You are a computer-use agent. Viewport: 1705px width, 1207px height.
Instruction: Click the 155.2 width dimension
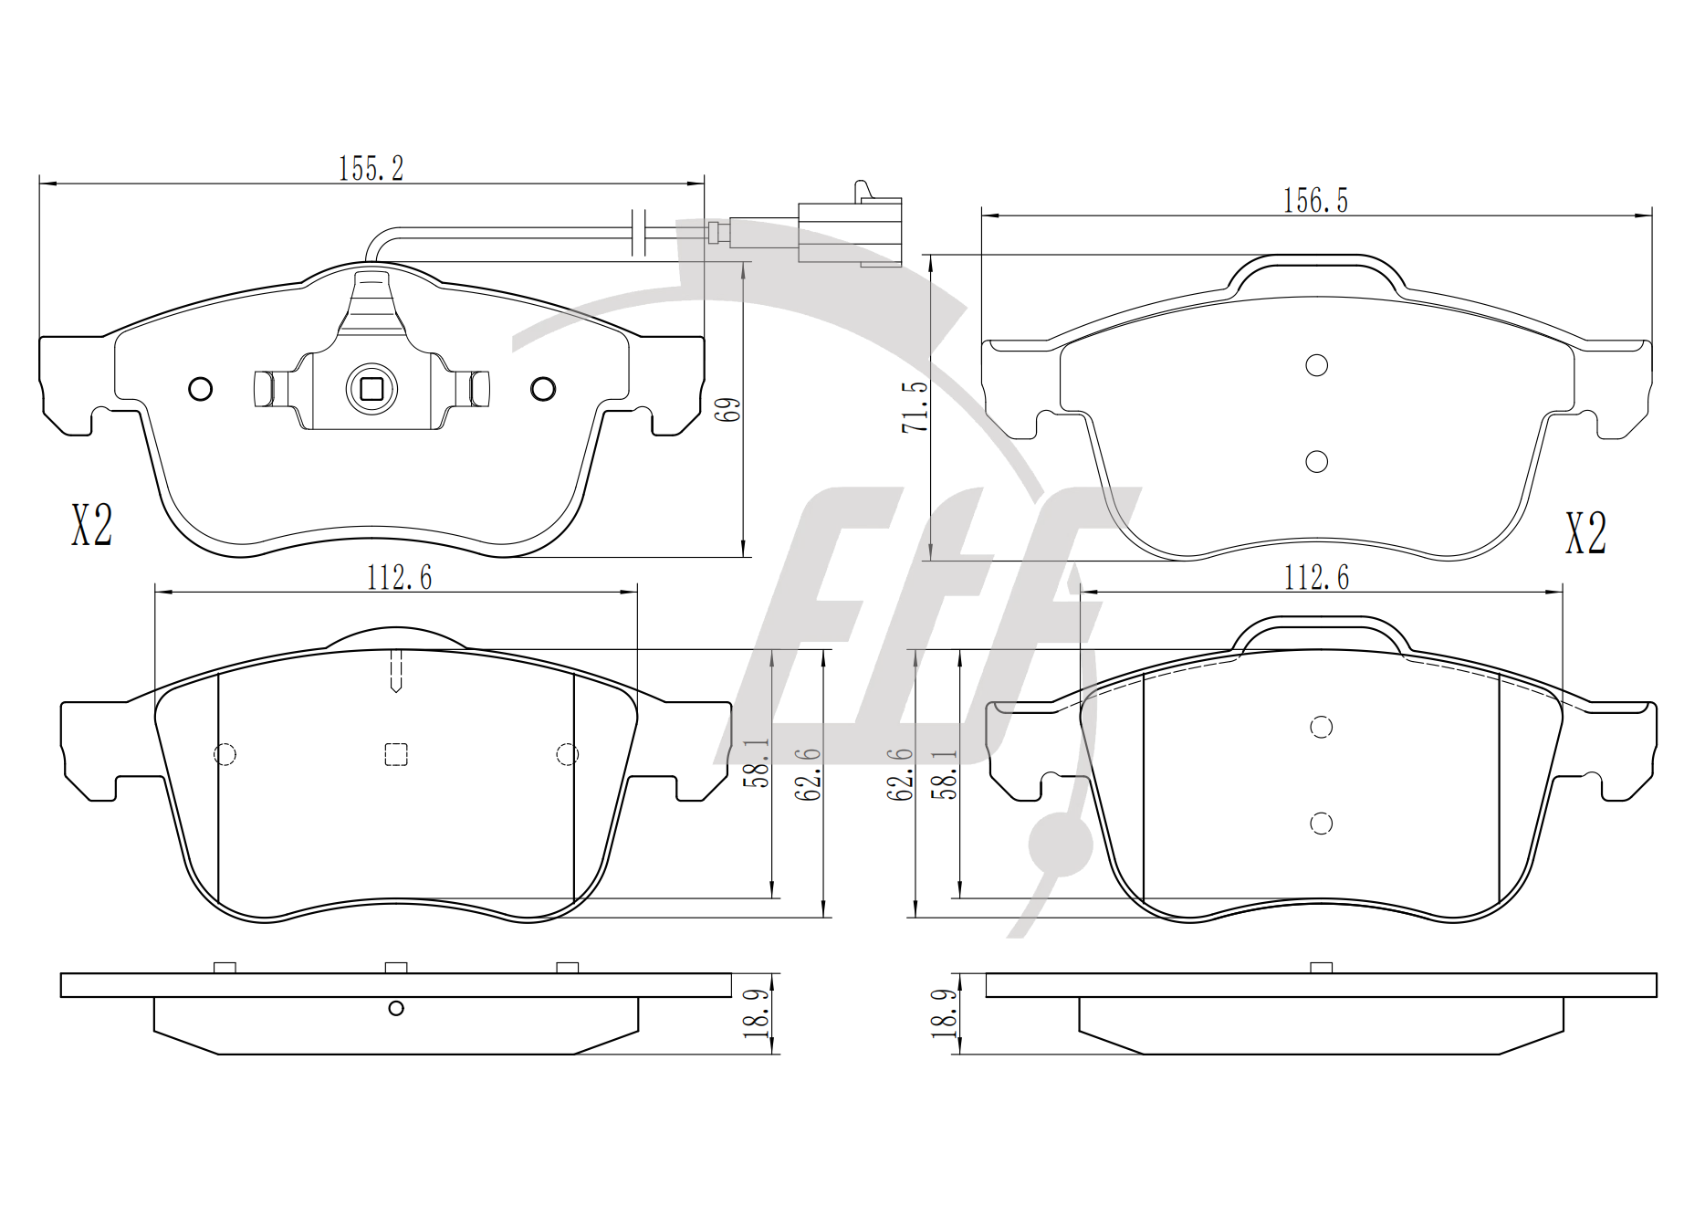(x=371, y=168)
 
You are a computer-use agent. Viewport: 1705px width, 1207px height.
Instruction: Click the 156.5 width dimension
(x=1315, y=200)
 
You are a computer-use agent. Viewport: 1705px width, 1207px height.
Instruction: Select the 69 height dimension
(x=728, y=408)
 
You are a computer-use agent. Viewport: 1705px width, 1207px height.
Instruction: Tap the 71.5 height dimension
(x=915, y=406)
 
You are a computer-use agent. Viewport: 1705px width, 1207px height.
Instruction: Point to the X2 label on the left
(x=91, y=525)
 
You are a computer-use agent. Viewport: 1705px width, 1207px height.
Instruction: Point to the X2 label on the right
(x=1585, y=533)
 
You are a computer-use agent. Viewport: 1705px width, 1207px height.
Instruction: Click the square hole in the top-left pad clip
(x=371, y=389)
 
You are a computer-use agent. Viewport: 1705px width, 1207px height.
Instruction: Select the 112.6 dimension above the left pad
(x=399, y=577)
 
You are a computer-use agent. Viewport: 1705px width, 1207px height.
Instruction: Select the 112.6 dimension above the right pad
(x=1316, y=577)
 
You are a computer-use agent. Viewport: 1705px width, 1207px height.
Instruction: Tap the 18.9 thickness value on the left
(x=756, y=1014)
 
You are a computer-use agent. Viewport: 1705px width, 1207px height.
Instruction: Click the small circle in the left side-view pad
(x=395, y=1008)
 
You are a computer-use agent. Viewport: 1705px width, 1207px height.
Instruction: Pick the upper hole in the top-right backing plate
(x=1316, y=365)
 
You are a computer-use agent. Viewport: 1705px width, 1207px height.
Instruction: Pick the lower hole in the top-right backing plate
(x=1316, y=462)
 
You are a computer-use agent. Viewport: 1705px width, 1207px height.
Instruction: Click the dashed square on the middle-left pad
(x=395, y=754)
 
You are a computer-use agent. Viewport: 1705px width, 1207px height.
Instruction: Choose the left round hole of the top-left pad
(x=200, y=389)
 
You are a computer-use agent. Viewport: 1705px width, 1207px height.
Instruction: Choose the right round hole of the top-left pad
(x=543, y=389)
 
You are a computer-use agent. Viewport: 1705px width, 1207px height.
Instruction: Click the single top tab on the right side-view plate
(x=1321, y=968)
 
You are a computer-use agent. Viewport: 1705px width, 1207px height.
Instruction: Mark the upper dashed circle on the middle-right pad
(x=1321, y=727)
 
